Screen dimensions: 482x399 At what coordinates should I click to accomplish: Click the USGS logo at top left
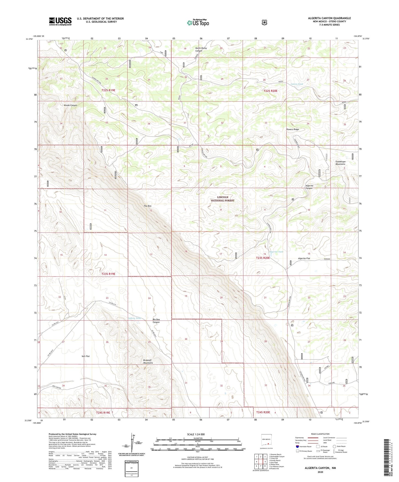[x=60, y=21]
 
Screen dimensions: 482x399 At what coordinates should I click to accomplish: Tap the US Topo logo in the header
[x=198, y=23]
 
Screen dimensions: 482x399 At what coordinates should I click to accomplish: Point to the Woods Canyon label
[x=70, y=105]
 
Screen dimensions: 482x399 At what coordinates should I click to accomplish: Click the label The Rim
[x=147, y=206]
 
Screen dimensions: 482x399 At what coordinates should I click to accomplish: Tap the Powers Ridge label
[x=292, y=129]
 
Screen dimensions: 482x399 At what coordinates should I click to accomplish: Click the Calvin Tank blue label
[x=297, y=84]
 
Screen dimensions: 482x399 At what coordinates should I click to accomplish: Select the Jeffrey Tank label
[x=134, y=318]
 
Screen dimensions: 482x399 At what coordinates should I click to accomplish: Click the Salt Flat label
[x=86, y=356]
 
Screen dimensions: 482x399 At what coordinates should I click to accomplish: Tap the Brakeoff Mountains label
[x=148, y=362]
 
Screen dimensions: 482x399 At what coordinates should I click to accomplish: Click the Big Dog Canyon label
[x=156, y=321]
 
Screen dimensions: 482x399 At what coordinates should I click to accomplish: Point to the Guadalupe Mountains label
[x=340, y=163]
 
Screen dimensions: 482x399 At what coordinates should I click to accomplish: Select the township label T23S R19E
[x=108, y=274]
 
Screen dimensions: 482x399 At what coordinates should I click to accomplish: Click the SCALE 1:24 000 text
[x=196, y=434]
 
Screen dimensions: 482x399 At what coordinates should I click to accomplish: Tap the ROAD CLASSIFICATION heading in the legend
[x=320, y=434]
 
